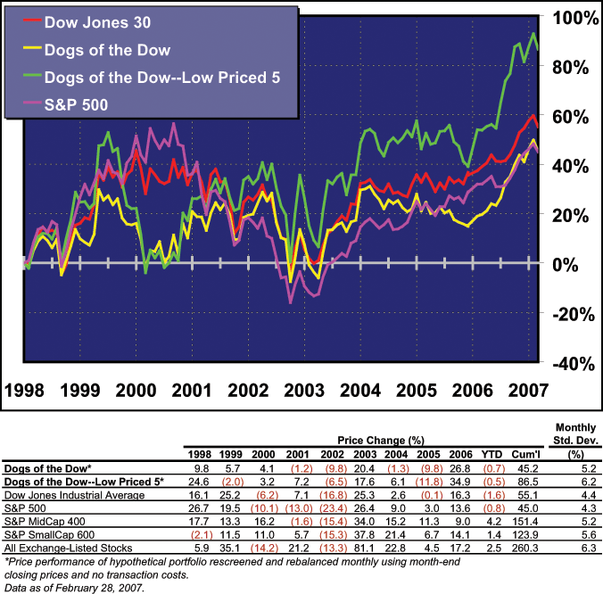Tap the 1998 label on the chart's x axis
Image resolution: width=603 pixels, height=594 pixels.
coord(28,391)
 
